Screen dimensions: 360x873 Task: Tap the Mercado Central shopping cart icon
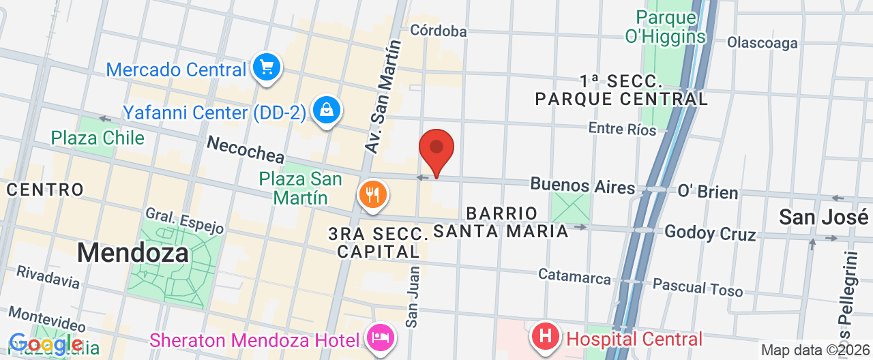pos(266,68)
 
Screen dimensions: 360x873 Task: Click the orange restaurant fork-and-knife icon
pos(372,196)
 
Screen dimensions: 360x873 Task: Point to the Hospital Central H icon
pos(546,337)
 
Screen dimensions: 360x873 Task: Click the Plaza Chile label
pos(98,138)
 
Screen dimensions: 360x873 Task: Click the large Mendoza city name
pos(132,253)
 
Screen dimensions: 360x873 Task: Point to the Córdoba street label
pos(439,31)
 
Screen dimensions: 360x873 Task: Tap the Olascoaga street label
pos(762,43)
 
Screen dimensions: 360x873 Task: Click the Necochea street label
pos(246,149)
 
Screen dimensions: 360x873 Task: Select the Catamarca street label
pos(574,276)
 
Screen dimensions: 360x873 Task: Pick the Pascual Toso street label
pos(698,286)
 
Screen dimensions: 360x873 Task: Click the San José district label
pos(824,217)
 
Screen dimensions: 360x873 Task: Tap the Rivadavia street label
pos(48,276)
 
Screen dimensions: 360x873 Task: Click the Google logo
pos(45,344)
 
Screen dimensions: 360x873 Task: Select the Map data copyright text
pos(815,350)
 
